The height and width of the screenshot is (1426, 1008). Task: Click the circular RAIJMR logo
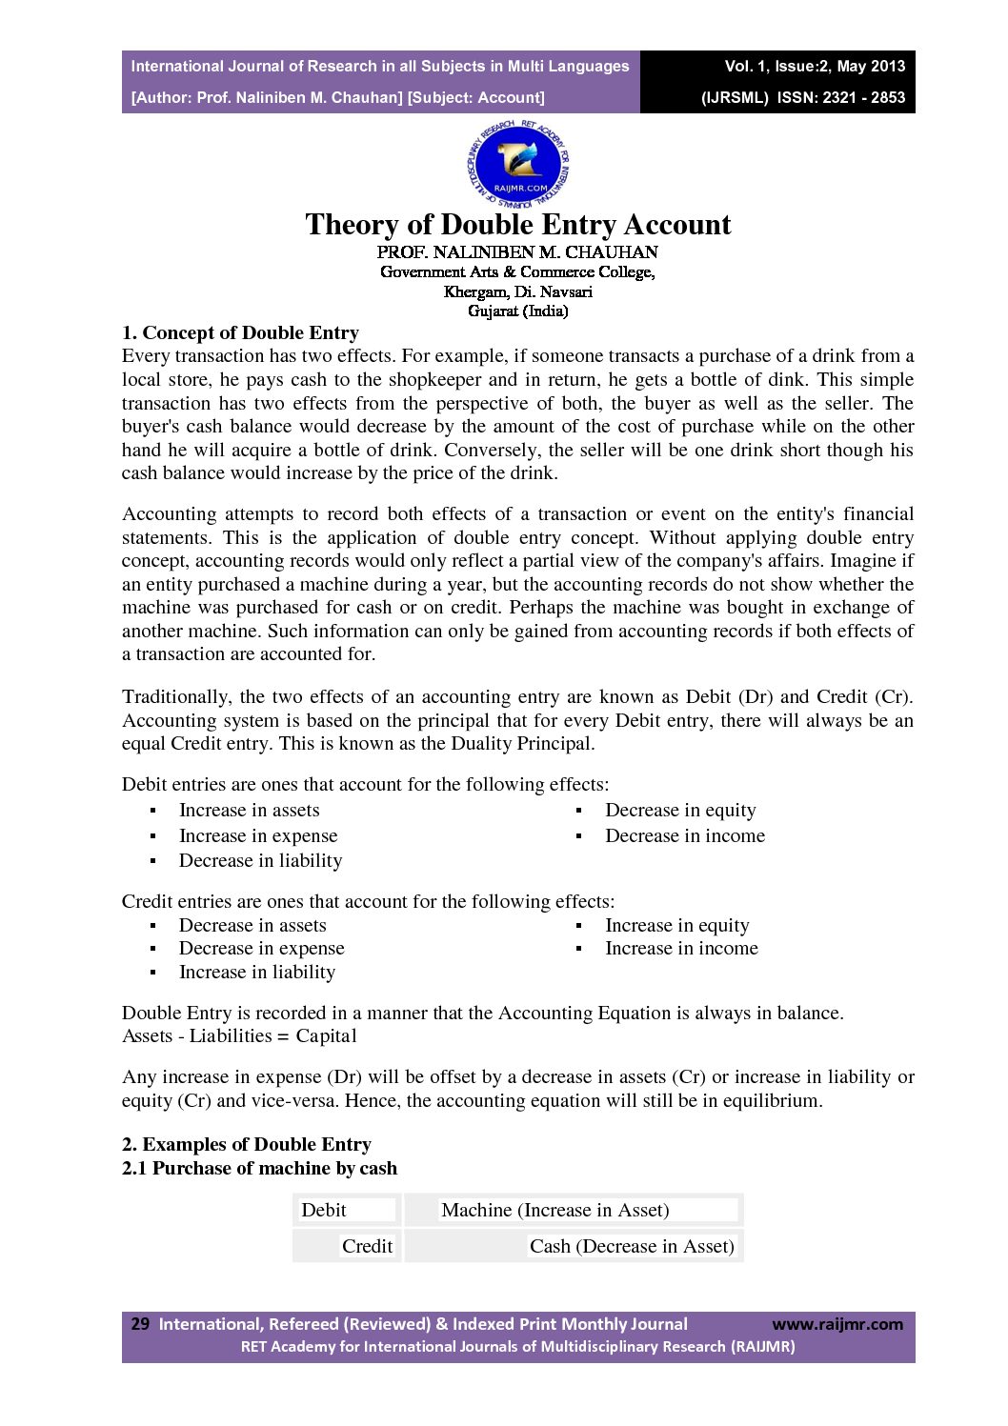tap(518, 164)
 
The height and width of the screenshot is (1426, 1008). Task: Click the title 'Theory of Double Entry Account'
tap(517, 225)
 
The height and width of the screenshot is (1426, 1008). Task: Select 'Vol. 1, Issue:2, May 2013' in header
tap(815, 66)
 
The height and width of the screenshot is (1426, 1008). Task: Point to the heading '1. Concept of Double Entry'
tap(240, 333)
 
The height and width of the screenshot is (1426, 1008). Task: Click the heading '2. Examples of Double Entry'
tap(246, 1145)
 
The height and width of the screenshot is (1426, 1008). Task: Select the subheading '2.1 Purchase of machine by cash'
tap(259, 1169)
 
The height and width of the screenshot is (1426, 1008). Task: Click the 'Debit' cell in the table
tap(324, 1211)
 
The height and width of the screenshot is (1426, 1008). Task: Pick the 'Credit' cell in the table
tap(367, 1247)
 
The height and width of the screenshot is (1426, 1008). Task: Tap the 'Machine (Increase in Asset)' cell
tap(554, 1211)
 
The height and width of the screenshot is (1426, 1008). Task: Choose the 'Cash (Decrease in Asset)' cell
tap(632, 1247)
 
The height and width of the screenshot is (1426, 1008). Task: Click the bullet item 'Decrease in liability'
tap(260, 861)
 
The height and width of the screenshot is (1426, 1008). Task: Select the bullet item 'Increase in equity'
tap(676, 926)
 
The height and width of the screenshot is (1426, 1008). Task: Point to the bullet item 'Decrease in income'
tap(684, 836)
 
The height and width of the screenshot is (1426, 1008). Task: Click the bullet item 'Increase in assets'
tap(249, 811)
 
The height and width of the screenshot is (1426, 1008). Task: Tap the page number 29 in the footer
tap(140, 1324)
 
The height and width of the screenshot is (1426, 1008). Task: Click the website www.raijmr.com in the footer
tap(837, 1324)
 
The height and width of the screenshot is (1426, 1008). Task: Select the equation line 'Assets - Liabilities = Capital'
tap(239, 1036)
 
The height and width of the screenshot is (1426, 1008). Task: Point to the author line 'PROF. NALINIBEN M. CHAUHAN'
tap(517, 252)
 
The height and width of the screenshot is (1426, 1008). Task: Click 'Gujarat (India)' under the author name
tap(517, 311)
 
